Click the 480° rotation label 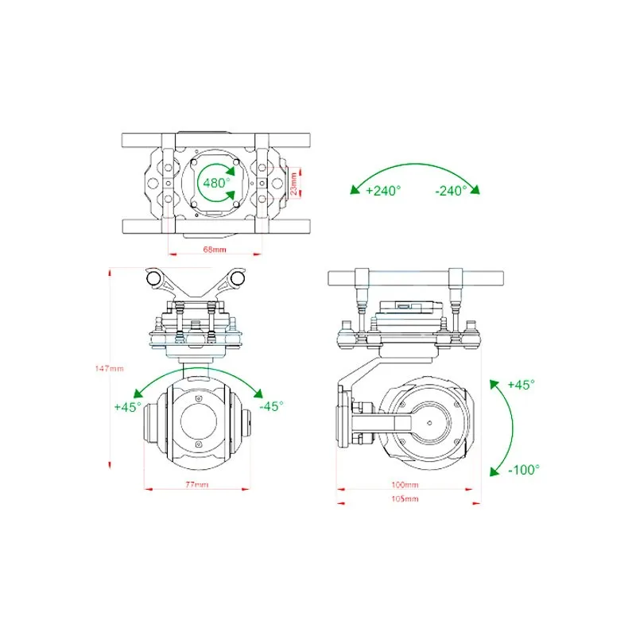[216, 183]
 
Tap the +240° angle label [383, 190]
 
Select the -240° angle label [451, 191]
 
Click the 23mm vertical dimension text [293, 184]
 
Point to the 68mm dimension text [215, 249]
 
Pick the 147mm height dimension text [109, 368]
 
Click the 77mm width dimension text [196, 484]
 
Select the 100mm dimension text [405, 484]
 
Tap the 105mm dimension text [405, 498]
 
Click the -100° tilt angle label [524, 470]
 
